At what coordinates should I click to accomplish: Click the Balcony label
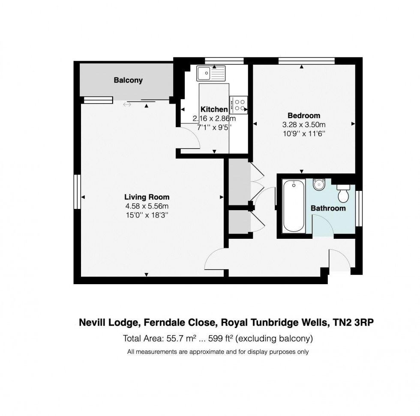pos(128,80)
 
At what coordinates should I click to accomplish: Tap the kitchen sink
pos(211,73)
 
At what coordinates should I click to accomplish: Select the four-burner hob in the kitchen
pos(238,105)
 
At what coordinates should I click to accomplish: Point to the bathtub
pos(294,206)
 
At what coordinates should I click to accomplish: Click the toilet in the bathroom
pos(343,193)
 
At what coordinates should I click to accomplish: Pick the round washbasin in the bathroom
pos(319,184)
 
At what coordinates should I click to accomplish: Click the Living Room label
pos(147,197)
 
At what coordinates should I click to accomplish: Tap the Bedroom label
pos(304,116)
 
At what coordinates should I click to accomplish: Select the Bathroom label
pos(328,208)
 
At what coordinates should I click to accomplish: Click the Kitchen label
pos(214,110)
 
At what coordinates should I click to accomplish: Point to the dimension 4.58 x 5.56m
pos(147,206)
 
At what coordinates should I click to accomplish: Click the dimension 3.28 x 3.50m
pos(304,125)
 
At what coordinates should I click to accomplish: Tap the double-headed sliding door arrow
pos(127,104)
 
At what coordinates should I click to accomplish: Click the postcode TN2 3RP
pos(353,322)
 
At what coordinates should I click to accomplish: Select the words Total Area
pos(143,339)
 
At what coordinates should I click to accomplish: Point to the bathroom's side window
pos(359,209)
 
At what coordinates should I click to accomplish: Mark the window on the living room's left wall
pos(77,192)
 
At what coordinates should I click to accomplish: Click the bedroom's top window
pos(306,61)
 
